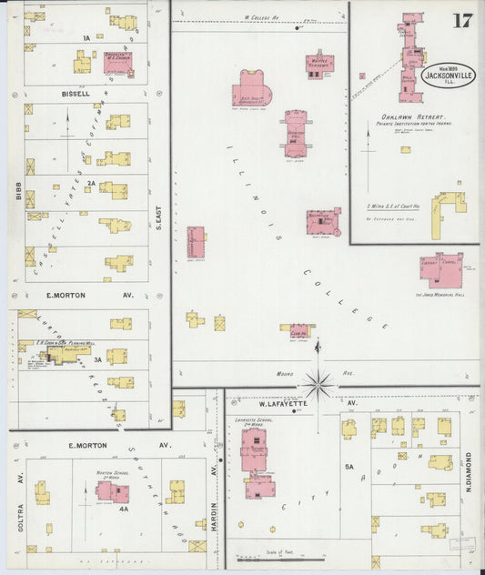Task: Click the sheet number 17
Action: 462,20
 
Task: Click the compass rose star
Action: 318,383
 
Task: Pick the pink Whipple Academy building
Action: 319,64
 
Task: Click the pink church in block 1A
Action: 117,62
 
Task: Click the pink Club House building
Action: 299,330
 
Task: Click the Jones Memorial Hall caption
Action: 441,294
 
